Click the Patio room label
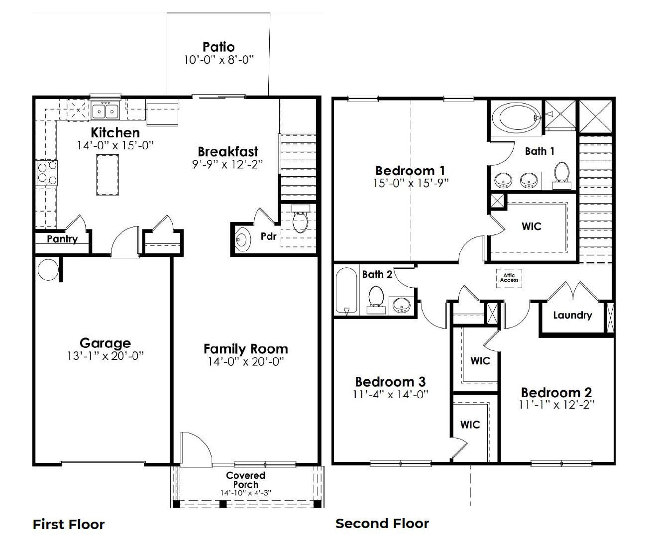pos(218,47)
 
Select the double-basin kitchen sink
pos(105,111)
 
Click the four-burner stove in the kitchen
pos(46,173)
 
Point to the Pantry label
pos(62,239)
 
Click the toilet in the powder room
pos(300,221)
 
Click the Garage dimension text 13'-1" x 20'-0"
pos(105,356)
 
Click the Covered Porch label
pos(245,480)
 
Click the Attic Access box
pos(509,277)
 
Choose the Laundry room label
pos(572,315)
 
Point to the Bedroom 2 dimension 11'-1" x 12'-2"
pos(556,405)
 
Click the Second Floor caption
pos(382,524)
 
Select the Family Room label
pos(245,349)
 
